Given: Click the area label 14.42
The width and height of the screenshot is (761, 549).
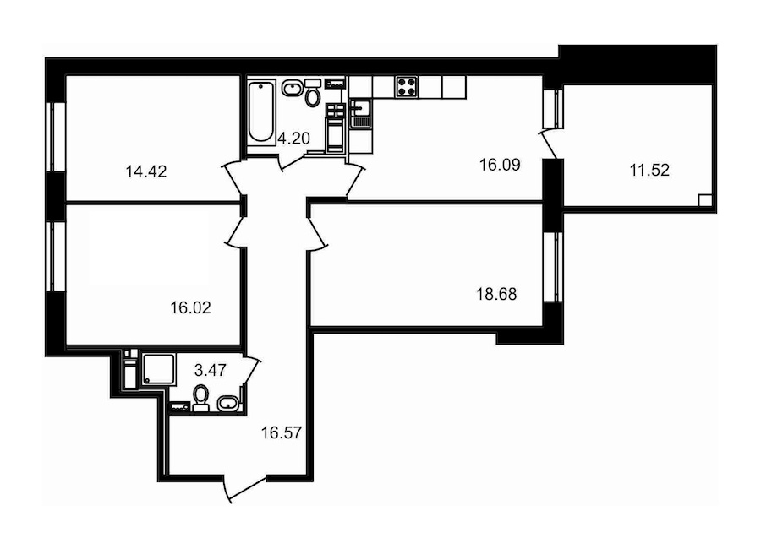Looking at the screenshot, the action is pyautogui.click(x=146, y=171).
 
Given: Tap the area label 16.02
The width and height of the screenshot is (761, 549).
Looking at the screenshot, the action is pyautogui.click(x=191, y=307).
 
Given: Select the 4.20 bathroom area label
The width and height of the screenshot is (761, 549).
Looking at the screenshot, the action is pyautogui.click(x=293, y=139).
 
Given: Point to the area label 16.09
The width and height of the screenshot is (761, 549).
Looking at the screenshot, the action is pyautogui.click(x=500, y=165).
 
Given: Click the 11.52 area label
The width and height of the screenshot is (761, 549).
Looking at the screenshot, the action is pyautogui.click(x=649, y=171).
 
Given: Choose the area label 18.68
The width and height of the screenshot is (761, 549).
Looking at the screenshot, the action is pyautogui.click(x=496, y=295).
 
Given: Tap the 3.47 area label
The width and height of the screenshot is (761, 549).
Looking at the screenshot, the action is pyautogui.click(x=211, y=371).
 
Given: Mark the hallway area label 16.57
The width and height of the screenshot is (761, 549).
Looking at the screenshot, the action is pyautogui.click(x=282, y=432).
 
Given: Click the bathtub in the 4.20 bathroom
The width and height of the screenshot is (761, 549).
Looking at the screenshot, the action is pyautogui.click(x=261, y=112).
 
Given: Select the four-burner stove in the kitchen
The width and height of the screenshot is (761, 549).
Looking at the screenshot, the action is pyautogui.click(x=406, y=87).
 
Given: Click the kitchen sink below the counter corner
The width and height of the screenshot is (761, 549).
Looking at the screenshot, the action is pyautogui.click(x=360, y=115).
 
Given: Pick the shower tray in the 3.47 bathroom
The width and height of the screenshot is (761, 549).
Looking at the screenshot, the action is pyautogui.click(x=158, y=369).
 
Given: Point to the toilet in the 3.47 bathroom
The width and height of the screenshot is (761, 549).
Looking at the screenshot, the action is pyautogui.click(x=200, y=398).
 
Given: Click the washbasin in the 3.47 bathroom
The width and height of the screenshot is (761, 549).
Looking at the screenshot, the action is pyautogui.click(x=227, y=404).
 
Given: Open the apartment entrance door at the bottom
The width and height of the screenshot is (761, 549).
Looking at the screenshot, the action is pyautogui.click(x=246, y=489).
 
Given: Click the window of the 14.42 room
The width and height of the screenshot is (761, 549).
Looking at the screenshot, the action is pyautogui.click(x=56, y=137).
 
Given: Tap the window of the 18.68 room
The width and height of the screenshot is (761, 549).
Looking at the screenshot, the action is pyautogui.click(x=552, y=267).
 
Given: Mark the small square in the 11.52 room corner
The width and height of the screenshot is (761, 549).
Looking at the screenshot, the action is pyautogui.click(x=705, y=201).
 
